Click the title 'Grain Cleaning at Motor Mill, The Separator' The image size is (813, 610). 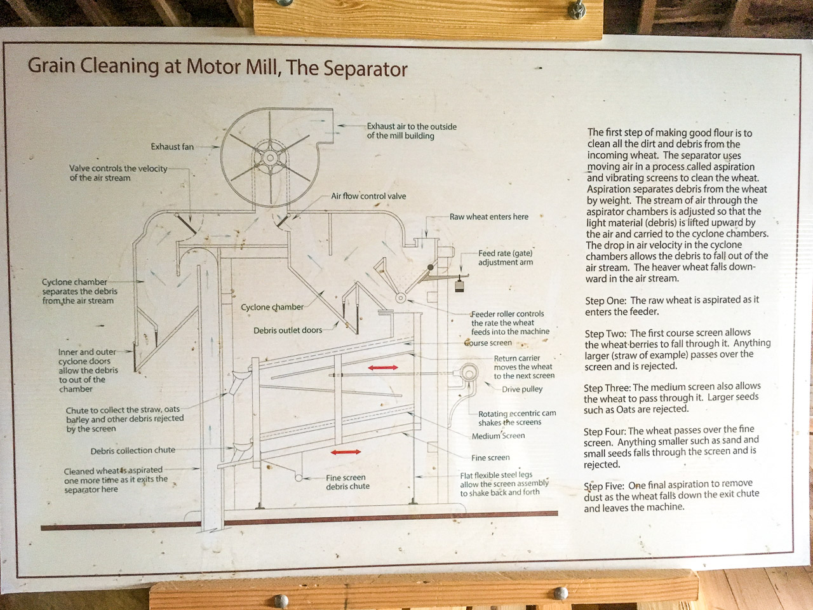(x=217, y=67)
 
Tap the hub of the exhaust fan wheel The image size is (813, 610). (x=270, y=157)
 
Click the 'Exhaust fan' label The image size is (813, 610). (x=172, y=147)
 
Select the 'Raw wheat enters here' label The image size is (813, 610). (x=488, y=217)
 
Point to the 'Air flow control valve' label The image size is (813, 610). (x=368, y=196)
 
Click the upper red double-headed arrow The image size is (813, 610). (x=383, y=367)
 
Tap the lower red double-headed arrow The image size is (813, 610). (x=346, y=452)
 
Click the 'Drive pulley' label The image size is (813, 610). (x=522, y=390)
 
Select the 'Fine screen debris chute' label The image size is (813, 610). (x=347, y=482)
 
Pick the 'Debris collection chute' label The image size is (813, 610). (x=133, y=451)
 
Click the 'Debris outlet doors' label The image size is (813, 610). (x=288, y=330)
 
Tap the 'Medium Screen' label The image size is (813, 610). (x=498, y=436)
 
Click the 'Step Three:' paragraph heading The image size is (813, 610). (x=607, y=387)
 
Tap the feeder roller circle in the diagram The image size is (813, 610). (x=401, y=297)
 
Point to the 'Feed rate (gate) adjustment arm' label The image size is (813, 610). (x=506, y=257)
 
